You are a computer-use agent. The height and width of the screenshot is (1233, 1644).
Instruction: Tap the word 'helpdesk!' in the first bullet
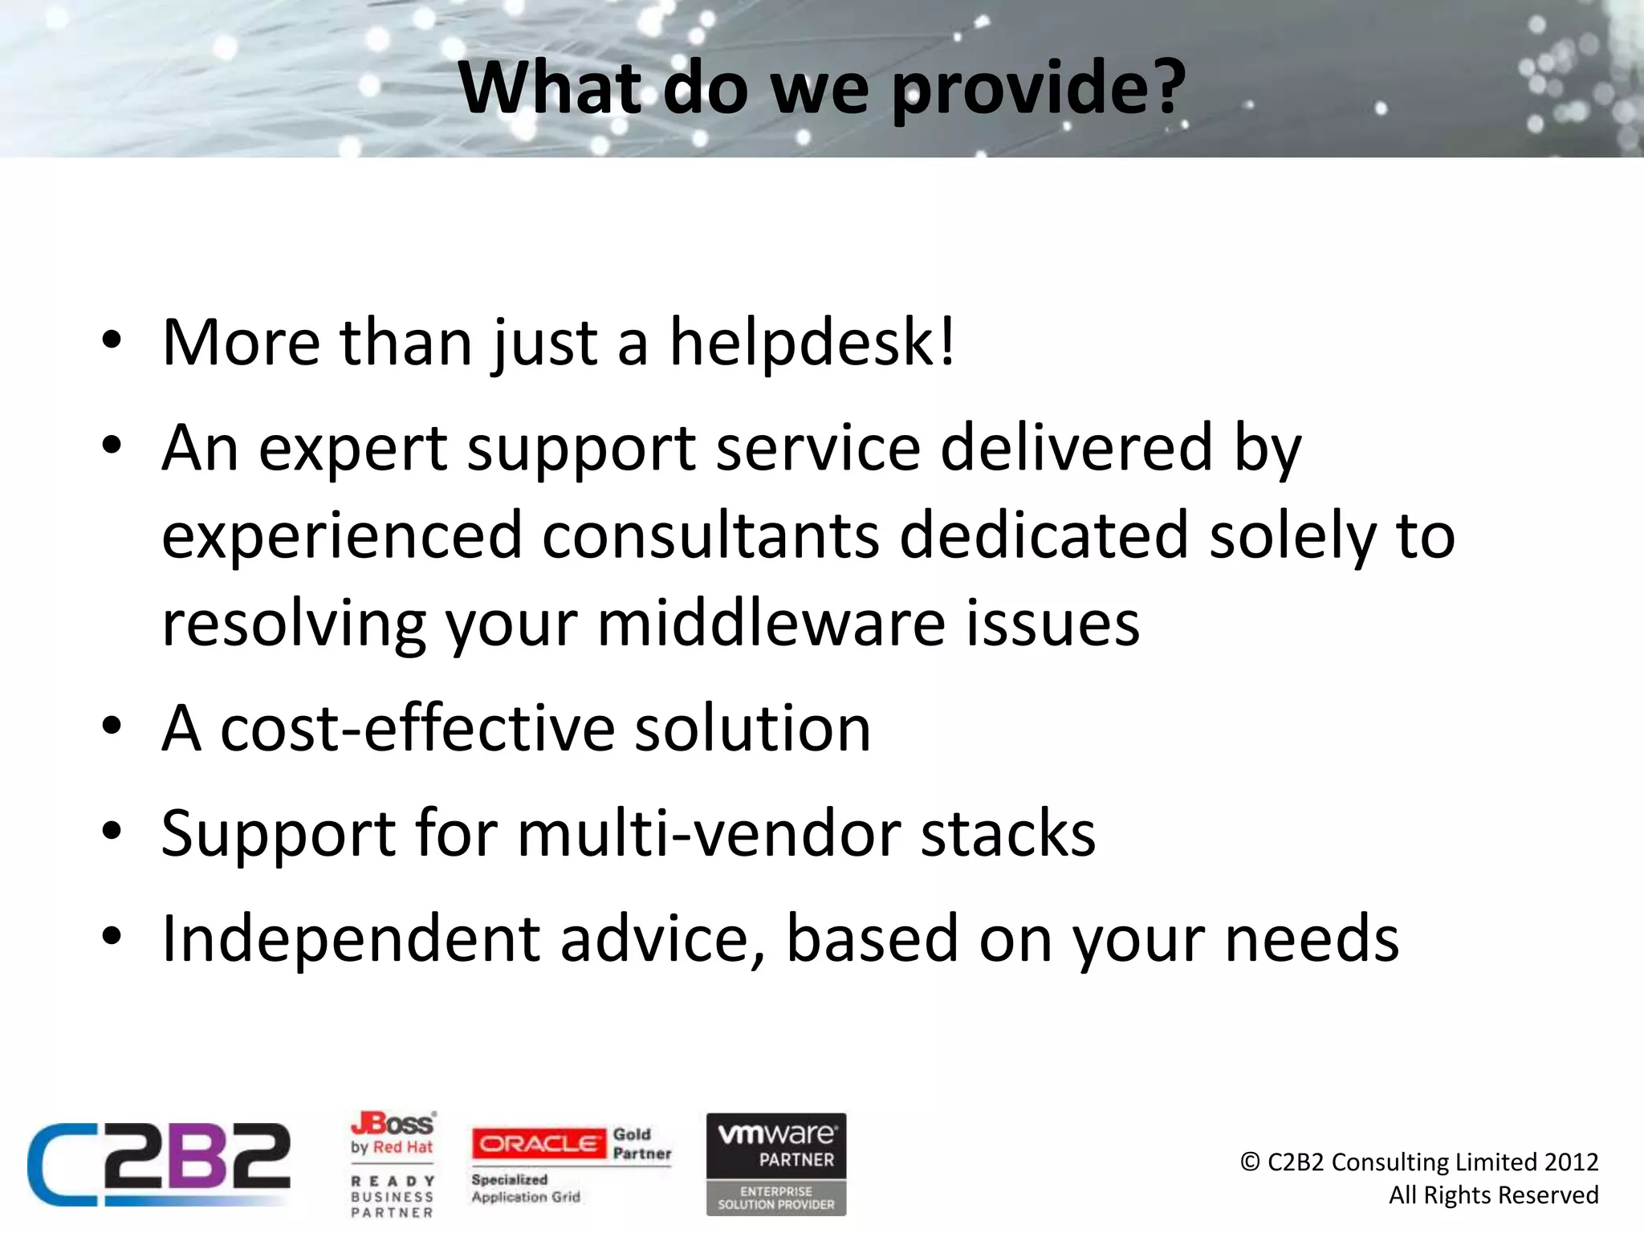pos(812,343)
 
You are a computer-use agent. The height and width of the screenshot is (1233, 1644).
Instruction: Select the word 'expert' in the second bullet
pos(353,449)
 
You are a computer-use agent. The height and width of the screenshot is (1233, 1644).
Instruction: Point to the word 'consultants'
pos(710,536)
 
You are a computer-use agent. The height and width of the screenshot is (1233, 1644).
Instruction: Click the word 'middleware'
pos(771,624)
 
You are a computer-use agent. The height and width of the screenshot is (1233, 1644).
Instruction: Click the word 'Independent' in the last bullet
pos(351,938)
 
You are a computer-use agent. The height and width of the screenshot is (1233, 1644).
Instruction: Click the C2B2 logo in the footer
pos(159,1163)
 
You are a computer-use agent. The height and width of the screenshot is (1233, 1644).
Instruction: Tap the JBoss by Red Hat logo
pos(393,1133)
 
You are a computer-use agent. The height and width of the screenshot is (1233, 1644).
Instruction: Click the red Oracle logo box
pos(539,1144)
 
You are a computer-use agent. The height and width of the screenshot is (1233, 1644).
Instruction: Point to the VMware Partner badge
pos(776,1163)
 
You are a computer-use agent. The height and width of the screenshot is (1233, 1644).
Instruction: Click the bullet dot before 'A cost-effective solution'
pos(112,726)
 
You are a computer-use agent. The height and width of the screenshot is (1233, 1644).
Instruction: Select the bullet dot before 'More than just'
pos(112,340)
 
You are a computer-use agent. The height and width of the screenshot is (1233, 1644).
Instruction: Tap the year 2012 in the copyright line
pos(1571,1162)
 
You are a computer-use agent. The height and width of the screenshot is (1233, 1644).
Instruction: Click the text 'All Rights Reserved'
pos(1493,1195)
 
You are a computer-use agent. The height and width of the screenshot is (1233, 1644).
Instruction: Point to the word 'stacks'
pos(1007,833)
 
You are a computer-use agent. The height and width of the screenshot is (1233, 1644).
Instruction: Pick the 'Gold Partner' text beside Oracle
pos(641,1144)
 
